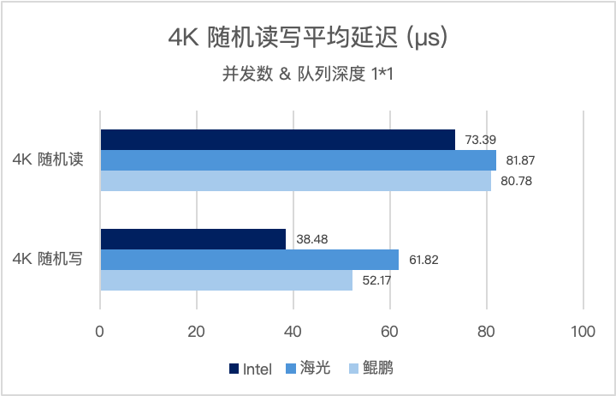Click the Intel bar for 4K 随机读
(277, 140)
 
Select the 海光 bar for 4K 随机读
(298, 160)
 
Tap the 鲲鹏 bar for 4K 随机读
(295, 181)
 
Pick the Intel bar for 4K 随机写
(193, 239)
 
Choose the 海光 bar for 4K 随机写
(250, 260)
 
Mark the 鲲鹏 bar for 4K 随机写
(227, 280)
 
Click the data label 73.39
(480, 140)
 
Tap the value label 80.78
(517, 181)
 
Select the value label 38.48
(311, 239)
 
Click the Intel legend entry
(251, 369)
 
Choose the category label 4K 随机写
(48, 260)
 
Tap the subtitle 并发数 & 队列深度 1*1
(307, 75)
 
